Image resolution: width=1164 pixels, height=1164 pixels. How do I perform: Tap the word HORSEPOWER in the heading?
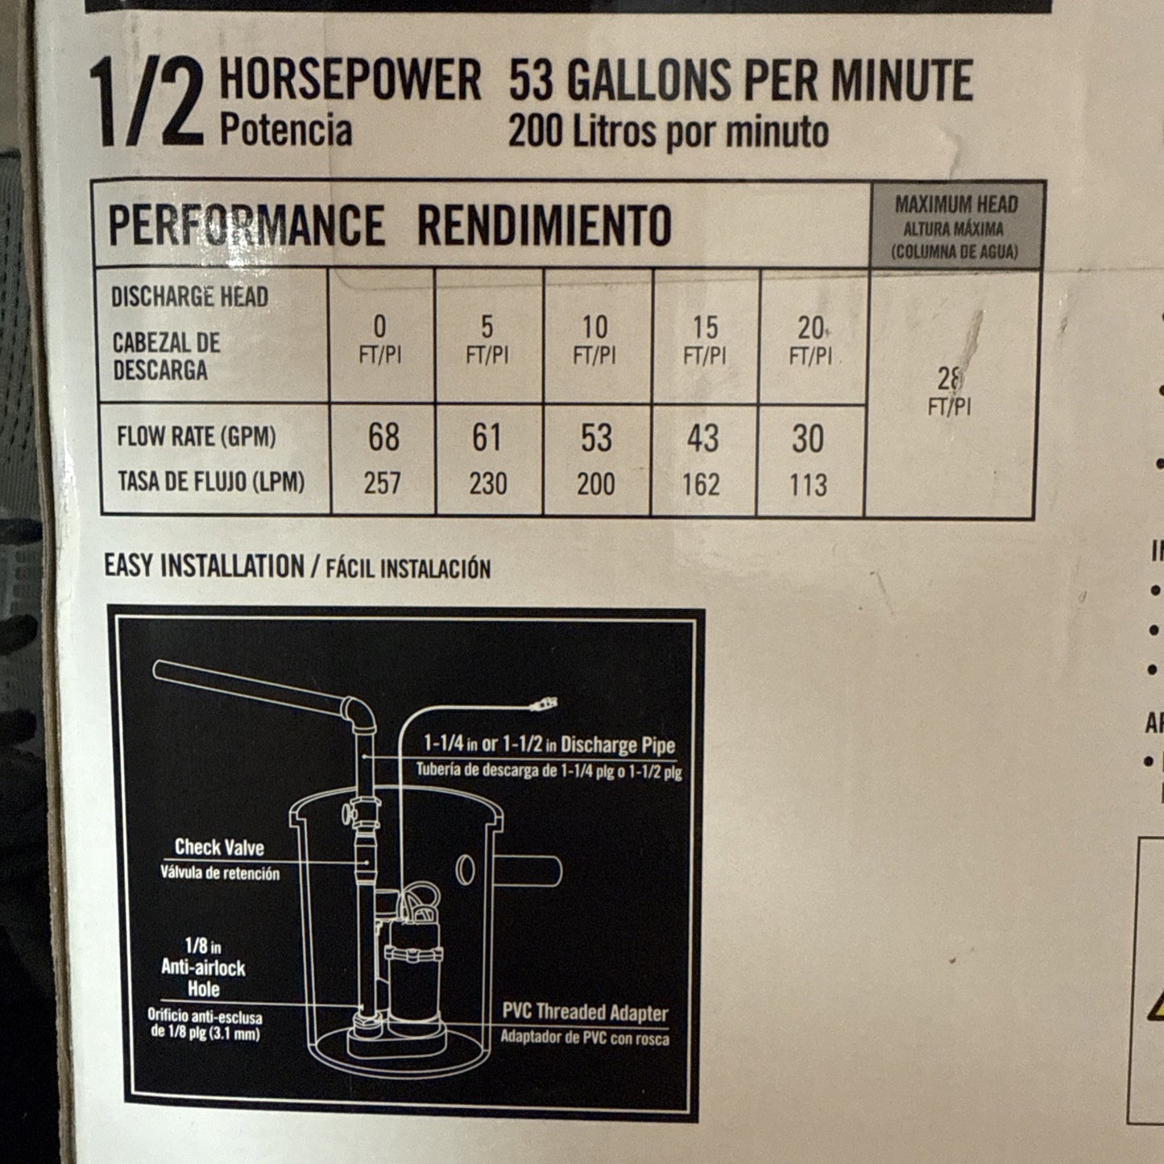[350, 80]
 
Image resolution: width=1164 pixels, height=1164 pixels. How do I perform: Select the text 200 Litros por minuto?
[668, 132]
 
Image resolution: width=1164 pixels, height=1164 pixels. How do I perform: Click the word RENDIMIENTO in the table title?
[545, 226]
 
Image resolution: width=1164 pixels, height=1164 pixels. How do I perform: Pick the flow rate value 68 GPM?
[383, 437]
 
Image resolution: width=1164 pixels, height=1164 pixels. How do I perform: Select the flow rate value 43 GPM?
[702, 438]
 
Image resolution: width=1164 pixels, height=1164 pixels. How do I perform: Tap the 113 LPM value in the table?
[808, 485]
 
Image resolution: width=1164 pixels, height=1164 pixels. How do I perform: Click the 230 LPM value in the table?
[488, 484]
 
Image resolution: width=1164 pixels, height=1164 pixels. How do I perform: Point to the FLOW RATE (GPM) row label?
[197, 437]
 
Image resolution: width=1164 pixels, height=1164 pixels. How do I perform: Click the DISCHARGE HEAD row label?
[189, 296]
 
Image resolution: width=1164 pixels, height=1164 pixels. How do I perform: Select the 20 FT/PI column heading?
[810, 339]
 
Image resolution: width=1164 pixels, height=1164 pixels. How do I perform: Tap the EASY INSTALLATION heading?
[204, 565]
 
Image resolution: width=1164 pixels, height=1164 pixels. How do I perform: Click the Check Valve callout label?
[219, 847]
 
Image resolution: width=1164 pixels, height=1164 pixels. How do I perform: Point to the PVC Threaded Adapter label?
[585, 1013]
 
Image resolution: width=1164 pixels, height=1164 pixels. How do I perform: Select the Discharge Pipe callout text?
[549, 744]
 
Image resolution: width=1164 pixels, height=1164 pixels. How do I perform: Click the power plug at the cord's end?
[544, 706]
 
